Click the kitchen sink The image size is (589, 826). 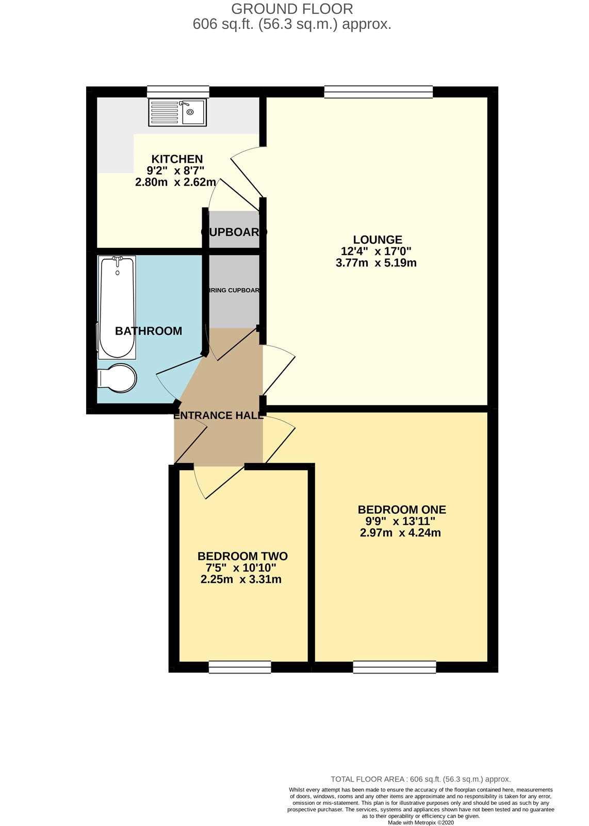tap(177, 113)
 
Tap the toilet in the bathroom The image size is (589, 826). tap(117, 378)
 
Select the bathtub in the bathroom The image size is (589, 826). tap(117, 307)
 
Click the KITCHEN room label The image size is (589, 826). tap(177, 159)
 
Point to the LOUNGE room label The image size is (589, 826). tap(378, 240)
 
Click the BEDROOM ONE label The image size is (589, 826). tap(402, 510)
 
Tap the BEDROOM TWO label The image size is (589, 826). tap(242, 556)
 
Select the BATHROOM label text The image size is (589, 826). tap(149, 331)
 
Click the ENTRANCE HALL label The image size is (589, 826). tap(219, 415)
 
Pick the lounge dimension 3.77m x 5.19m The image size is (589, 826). tap(376, 263)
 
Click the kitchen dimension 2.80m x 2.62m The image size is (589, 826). tap(175, 182)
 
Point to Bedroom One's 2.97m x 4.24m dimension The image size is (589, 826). tap(400, 533)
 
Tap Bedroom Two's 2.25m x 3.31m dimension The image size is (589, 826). tap(241, 579)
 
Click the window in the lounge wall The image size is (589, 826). tap(379, 92)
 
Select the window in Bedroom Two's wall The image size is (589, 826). tap(240, 668)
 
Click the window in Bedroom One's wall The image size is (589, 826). tap(395, 668)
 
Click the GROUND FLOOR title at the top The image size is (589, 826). tap(292, 9)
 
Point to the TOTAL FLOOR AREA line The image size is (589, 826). tap(420, 779)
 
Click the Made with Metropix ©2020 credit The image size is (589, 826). tap(421, 823)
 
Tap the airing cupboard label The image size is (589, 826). tap(234, 290)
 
